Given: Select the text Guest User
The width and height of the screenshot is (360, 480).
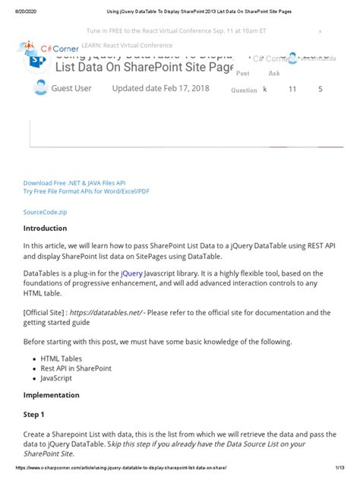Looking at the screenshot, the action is [71, 89].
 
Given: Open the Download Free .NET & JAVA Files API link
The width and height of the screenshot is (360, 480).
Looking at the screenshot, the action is [74, 183].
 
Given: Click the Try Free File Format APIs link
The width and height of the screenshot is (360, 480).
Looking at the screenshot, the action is [85, 191].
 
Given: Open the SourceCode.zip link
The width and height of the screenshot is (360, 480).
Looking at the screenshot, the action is [46, 212].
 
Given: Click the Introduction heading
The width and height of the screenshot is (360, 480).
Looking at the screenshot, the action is [50, 229].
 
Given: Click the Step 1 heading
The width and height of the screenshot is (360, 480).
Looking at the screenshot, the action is [35, 415].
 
